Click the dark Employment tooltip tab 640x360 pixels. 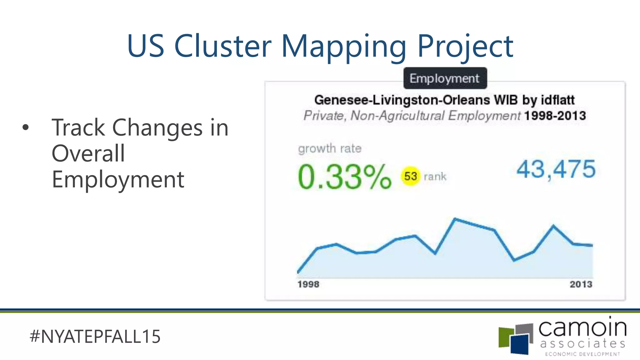[445, 78]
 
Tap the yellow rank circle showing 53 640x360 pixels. [410, 176]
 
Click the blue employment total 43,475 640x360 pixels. [556, 169]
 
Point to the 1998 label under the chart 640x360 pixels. [308, 284]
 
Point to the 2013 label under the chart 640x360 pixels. [581, 284]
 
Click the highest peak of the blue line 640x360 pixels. [455, 219]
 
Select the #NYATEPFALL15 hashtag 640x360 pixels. [95, 337]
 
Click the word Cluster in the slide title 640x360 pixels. [222, 46]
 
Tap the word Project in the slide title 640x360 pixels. [465, 46]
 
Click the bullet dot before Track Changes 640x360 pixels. [26, 127]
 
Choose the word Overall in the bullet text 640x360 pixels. [88, 153]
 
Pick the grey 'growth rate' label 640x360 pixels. [330, 148]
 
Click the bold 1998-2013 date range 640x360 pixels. [555, 116]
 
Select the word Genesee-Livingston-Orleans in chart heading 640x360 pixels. [402, 100]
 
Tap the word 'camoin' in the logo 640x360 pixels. [582, 328]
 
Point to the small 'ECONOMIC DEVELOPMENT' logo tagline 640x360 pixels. [582, 354]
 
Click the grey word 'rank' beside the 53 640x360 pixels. [435, 177]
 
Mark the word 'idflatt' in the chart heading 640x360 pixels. [557, 100]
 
